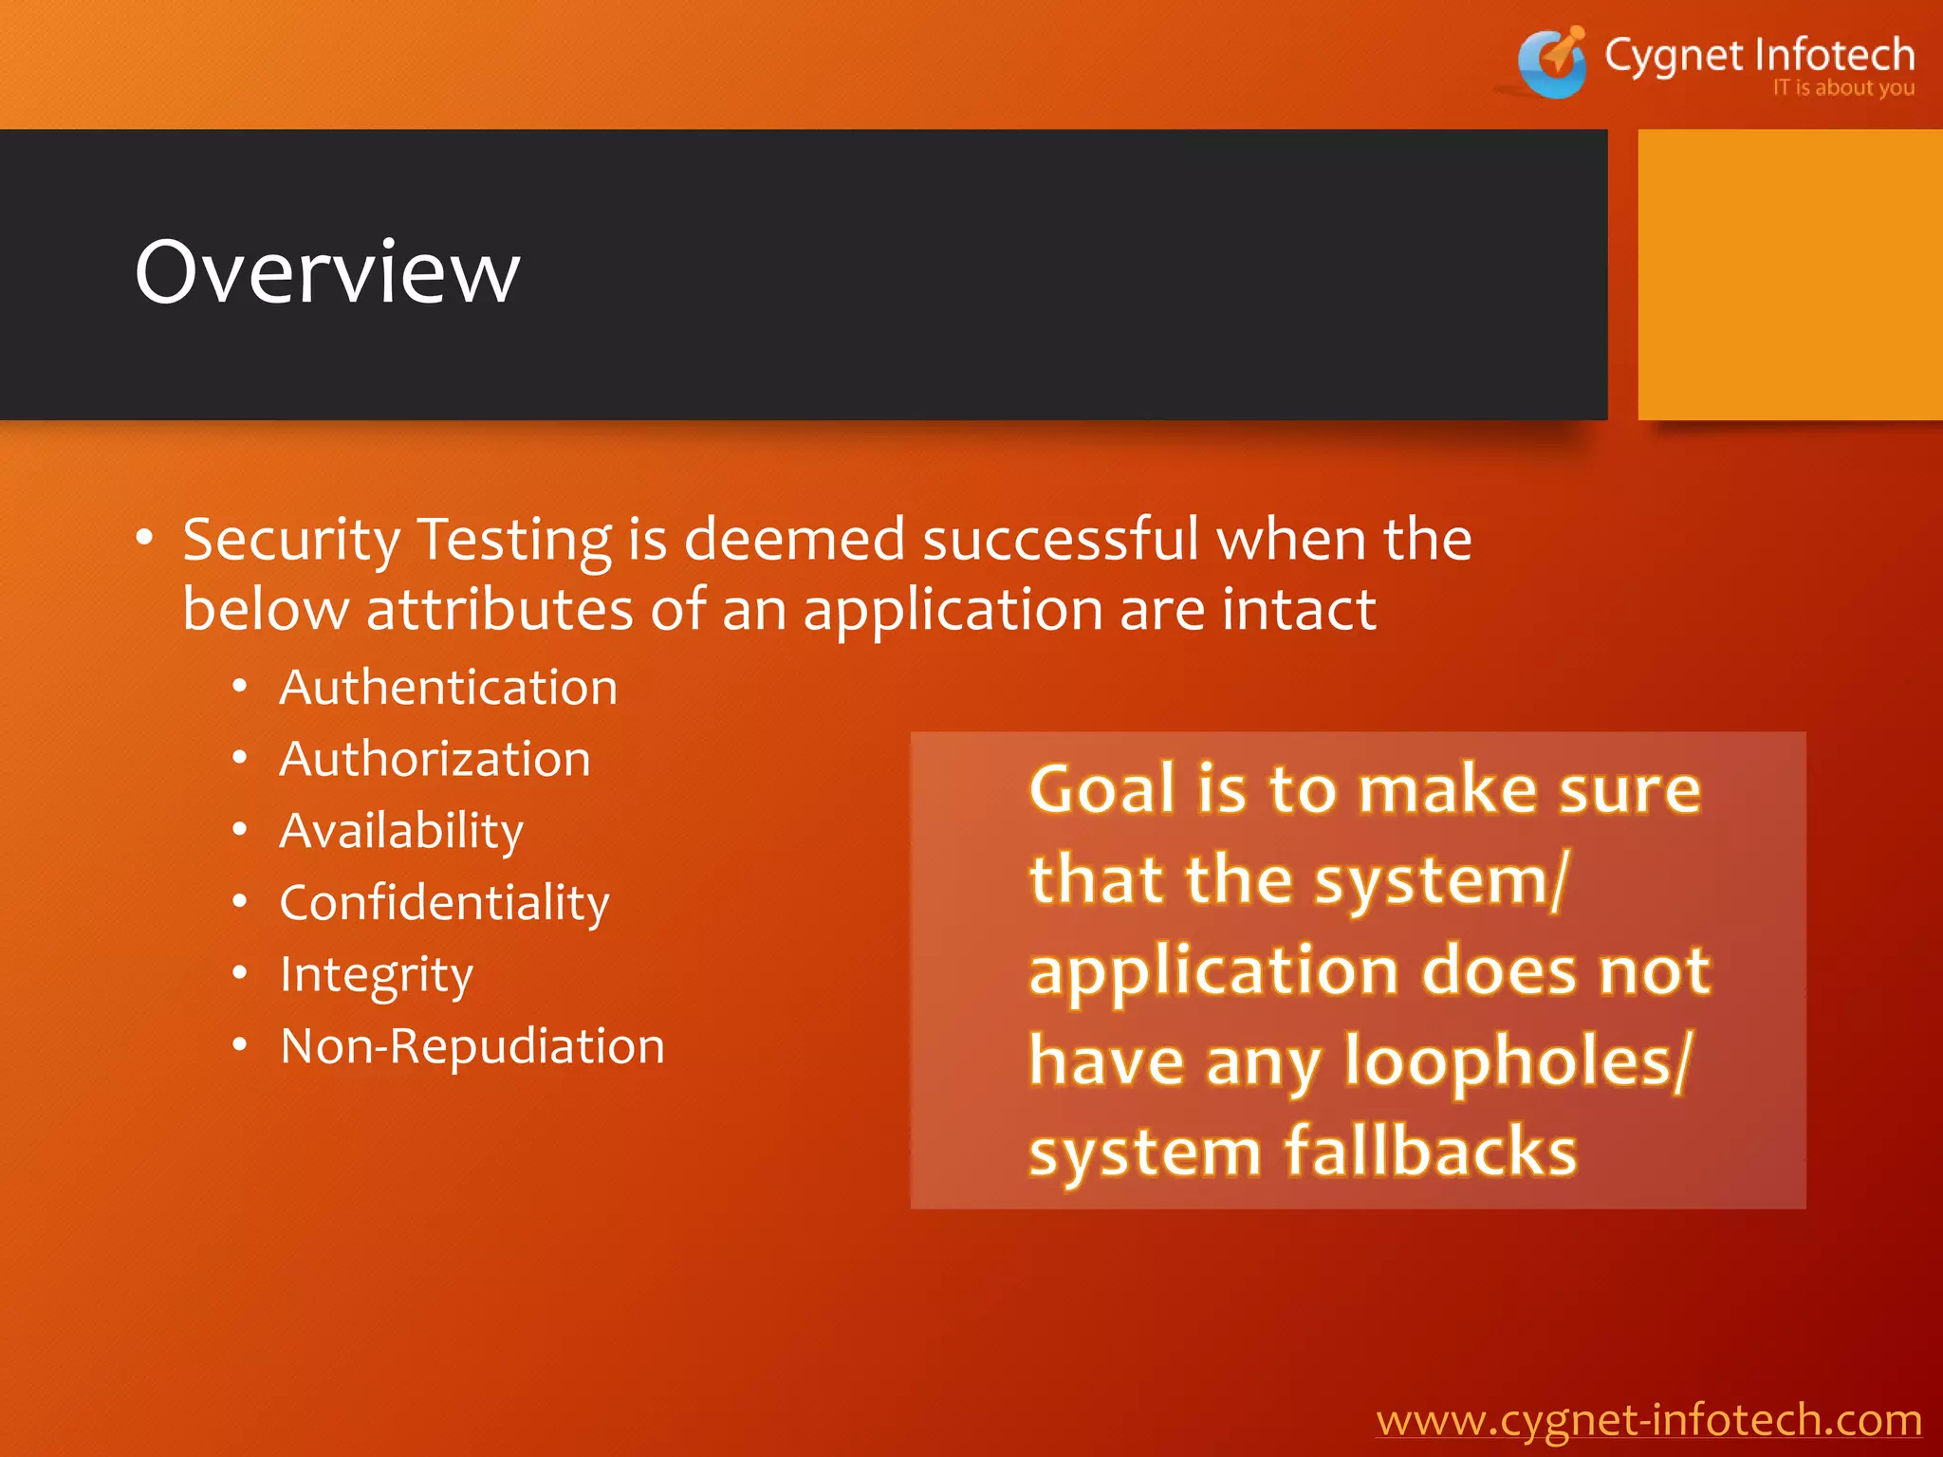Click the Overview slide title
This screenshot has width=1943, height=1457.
point(327,273)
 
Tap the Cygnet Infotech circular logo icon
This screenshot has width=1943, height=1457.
point(1552,63)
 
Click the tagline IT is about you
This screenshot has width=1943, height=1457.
point(1842,88)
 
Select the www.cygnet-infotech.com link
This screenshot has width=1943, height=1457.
point(1649,1420)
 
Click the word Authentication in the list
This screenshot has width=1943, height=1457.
point(448,688)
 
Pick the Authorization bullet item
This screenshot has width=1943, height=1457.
point(435,760)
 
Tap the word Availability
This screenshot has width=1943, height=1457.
point(401,832)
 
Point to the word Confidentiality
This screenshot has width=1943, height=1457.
point(444,903)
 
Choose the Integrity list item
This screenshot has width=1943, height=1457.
point(376,975)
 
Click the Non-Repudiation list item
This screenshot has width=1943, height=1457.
point(472,1047)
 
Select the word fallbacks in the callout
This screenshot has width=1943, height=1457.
point(1430,1152)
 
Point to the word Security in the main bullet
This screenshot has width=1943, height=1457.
point(291,541)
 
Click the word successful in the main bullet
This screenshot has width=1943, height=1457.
point(1061,539)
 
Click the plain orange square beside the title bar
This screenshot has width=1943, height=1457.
point(1789,275)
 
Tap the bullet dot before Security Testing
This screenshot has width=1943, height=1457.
point(144,538)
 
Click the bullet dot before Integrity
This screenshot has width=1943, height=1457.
point(240,973)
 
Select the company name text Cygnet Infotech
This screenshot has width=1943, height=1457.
point(1759,55)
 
